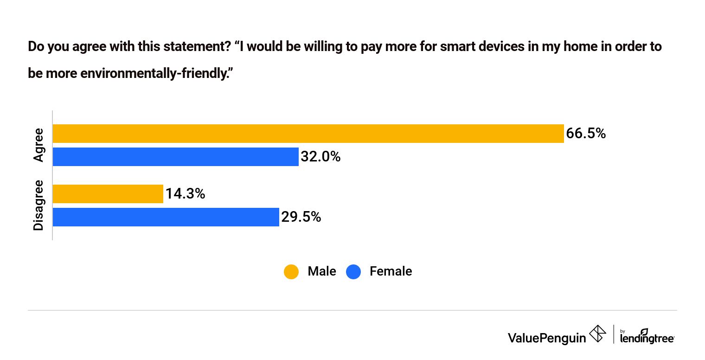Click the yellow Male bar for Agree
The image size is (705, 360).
pyautogui.click(x=308, y=134)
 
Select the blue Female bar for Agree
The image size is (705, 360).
pyautogui.click(x=175, y=157)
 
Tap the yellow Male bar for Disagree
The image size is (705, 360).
pyautogui.click(x=108, y=194)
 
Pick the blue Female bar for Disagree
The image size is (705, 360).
pyautogui.click(x=166, y=217)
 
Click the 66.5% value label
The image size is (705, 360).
pyautogui.click(x=586, y=134)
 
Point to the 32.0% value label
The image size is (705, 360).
pyautogui.click(x=320, y=157)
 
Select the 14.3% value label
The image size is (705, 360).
pyautogui.click(x=185, y=194)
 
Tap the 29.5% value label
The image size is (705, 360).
pyautogui.click(x=301, y=217)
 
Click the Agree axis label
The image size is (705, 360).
pyautogui.click(x=38, y=145)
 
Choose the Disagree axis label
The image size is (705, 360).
pyautogui.click(x=38, y=205)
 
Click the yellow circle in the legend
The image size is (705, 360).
pyautogui.click(x=291, y=271)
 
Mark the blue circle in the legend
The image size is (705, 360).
pyautogui.click(x=353, y=271)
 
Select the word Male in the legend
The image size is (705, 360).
pyautogui.click(x=321, y=271)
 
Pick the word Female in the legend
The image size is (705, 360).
pyautogui.click(x=391, y=271)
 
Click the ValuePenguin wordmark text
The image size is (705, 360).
pyautogui.click(x=547, y=337)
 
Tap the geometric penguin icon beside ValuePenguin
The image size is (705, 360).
pyautogui.click(x=597, y=334)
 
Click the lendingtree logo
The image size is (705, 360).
pyautogui.click(x=647, y=336)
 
